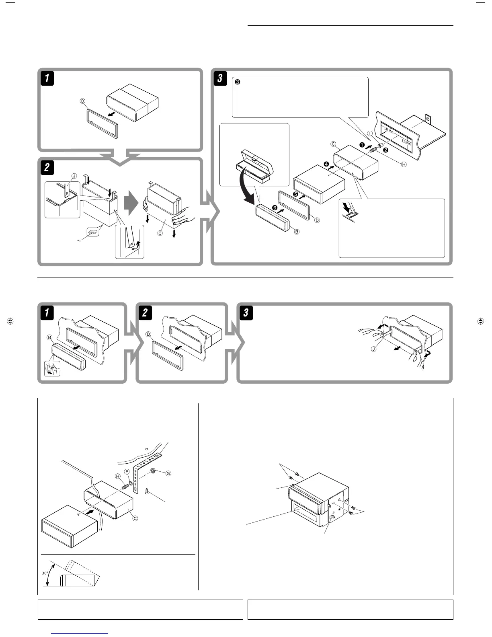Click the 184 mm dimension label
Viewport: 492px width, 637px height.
tap(388, 130)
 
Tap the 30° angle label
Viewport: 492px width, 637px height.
tap(45, 573)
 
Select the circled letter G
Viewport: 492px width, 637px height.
tap(168, 474)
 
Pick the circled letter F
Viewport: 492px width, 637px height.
tap(127, 471)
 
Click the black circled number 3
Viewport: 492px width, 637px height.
tap(237, 82)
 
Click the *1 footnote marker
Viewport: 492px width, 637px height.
tap(79, 241)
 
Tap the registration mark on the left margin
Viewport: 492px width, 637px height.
tap(11, 321)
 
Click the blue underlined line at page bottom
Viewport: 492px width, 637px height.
tap(80, 633)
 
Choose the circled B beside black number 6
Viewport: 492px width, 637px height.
tap(297, 232)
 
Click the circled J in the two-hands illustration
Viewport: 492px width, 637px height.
tap(373, 349)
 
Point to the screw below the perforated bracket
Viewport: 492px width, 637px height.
tap(147, 491)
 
